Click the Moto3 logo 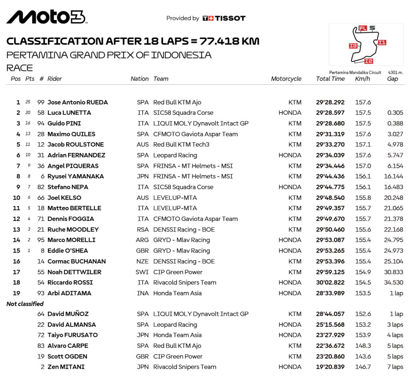[x=46, y=17]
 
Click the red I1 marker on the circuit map [x=382, y=42]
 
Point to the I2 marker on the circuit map [x=368, y=61]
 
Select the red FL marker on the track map [x=363, y=28]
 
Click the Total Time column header [x=330, y=79]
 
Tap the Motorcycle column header [x=286, y=79]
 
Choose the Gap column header [x=392, y=79]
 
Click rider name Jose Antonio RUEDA [x=77, y=102]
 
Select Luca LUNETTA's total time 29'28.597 [x=330, y=113]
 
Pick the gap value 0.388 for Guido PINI [x=395, y=123]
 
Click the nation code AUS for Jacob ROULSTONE [x=142, y=145]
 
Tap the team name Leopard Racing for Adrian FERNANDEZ [x=175, y=155]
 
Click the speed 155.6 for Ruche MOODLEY [x=363, y=229]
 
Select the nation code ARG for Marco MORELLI [x=142, y=240]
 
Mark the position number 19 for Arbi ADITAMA [x=16, y=293]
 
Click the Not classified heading [x=26, y=304]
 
